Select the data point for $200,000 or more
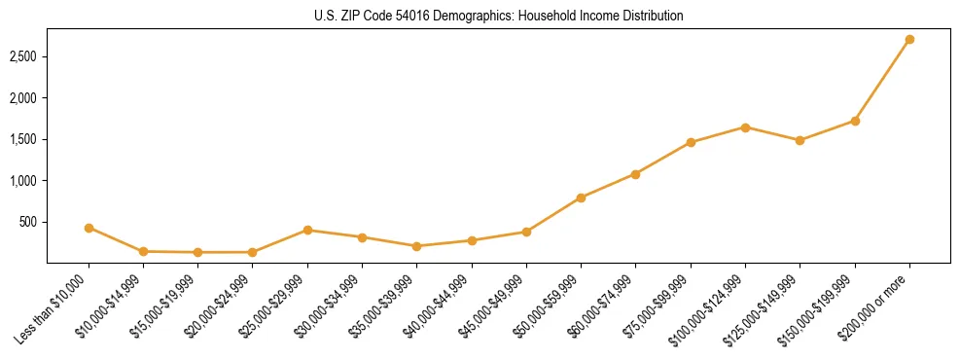tap(909, 40)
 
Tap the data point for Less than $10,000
tap(89, 228)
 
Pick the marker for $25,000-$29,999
tap(307, 230)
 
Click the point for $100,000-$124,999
tap(745, 127)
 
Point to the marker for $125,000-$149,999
tap(800, 140)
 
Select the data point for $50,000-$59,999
tap(581, 198)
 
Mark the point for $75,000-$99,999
tap(691, 142)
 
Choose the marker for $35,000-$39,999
tap(417, 246)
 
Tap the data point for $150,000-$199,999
tap(855, 121)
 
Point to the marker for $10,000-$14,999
tap(143, 251)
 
